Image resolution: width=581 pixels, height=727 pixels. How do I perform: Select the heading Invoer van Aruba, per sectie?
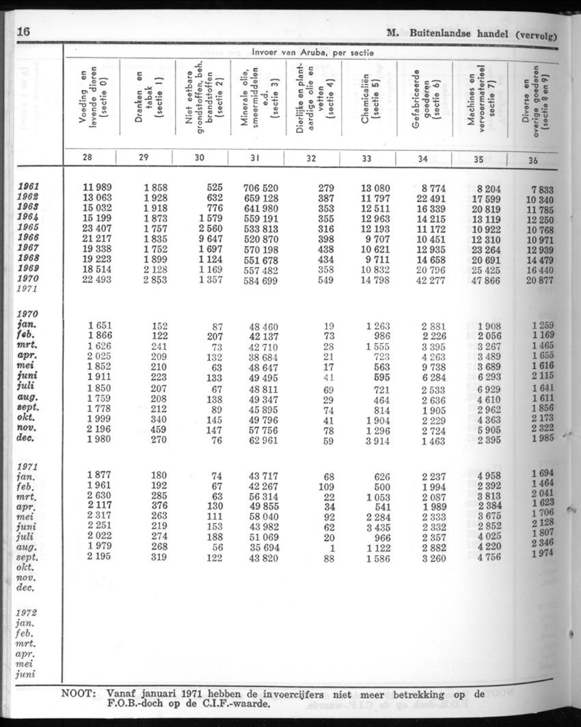click(x=310, y=51)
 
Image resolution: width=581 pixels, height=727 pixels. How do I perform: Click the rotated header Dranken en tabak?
click(x=149, y=96)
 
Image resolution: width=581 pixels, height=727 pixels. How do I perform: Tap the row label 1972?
click(x=27, y=612)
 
